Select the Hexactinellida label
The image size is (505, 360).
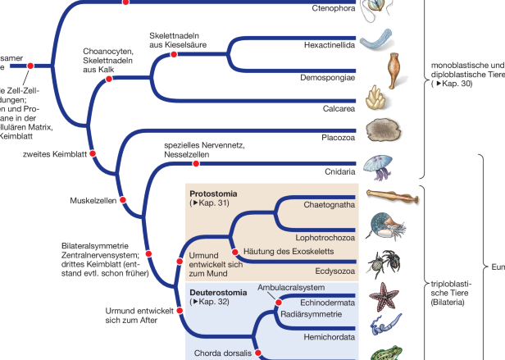click(330, 46)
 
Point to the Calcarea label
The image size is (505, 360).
click(339, 107)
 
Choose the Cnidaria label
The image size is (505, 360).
click(339, 171)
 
